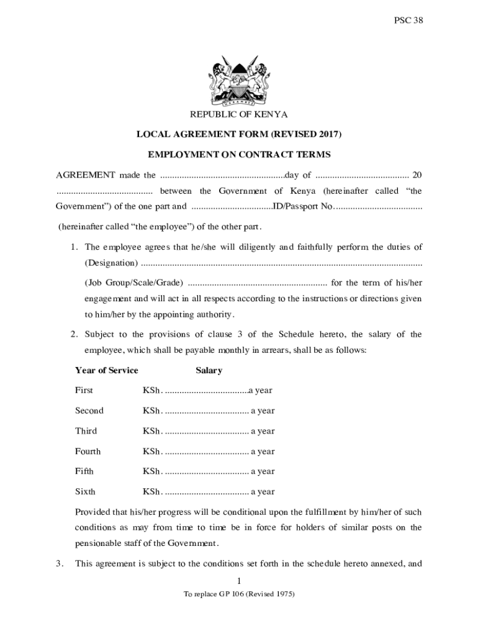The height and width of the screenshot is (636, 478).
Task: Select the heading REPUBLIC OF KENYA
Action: point(239,115)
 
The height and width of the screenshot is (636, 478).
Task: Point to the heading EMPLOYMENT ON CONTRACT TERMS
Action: point(239,154)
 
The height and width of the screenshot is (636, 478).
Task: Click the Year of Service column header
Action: point(106,370)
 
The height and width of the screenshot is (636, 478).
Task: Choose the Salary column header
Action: point(209,370)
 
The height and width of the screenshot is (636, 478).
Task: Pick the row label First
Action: point(84,391)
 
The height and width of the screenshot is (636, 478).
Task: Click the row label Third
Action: point(86,431)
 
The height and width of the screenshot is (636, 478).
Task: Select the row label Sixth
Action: point(85,492)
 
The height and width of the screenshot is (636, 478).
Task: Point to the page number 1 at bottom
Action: point(239,581)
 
